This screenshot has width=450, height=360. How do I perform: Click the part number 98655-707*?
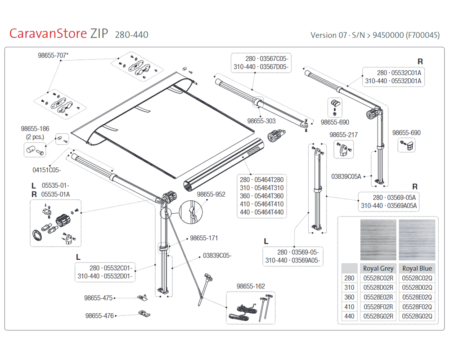click(x=53, y=55)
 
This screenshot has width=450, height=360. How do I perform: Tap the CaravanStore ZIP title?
click(x=59, y=34)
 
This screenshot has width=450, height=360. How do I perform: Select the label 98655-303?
click(x=261, y=121)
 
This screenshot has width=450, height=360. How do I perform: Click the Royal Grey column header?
click(x=378, y=268)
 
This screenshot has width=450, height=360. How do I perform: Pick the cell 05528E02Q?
click(x=417, y=297)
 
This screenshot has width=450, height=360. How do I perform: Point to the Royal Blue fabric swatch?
click(x=417, y=240)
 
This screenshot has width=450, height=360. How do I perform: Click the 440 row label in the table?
click(x=349, y=316)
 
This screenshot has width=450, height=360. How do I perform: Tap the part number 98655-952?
click(x=211, y=194)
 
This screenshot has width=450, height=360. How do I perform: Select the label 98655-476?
click(x=99, y=316)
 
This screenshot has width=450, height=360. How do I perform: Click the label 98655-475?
click(x=98, y=298)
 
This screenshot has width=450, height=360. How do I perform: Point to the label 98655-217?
click(x=343, y=135)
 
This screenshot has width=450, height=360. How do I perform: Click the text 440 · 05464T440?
click(x=262, y=212)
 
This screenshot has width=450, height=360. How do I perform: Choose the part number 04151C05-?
click(x=46, y=170)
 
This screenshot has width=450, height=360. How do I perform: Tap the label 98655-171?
click(x=204, y=238)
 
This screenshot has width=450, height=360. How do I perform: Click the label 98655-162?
click(x=251, y=286)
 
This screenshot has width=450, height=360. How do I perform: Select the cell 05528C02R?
click(x=378, y=278)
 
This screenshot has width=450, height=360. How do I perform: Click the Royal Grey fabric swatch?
click(x=378, y=240)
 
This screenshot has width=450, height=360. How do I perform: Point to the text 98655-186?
click(x=35, y=129)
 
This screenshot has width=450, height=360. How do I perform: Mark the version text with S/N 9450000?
click(x=375, y=35)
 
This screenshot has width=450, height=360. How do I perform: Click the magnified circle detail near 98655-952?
click(x=190, y=201)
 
